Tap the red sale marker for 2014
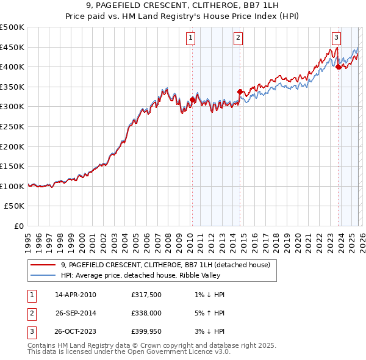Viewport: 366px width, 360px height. click(240, 92)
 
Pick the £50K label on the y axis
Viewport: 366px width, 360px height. click(15, 206)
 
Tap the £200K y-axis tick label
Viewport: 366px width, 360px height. click(12, 146)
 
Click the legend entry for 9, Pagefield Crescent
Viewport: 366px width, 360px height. click(169, 265)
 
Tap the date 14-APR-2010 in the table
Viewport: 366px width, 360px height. click(76, 295)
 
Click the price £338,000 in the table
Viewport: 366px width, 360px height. click(146, 313)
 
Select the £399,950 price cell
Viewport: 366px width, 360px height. click(146, 332)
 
